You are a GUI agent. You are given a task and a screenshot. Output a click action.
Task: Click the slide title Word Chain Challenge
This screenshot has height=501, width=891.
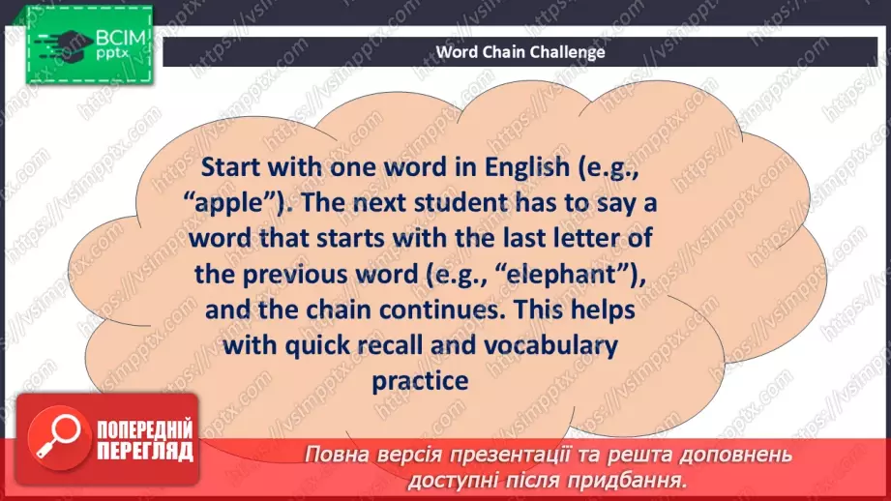click(520, 51)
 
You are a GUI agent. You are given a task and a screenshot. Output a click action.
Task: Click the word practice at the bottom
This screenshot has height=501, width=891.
click(419, 381)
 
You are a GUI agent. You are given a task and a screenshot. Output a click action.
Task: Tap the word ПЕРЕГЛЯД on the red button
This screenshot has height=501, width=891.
click(145, 451)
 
